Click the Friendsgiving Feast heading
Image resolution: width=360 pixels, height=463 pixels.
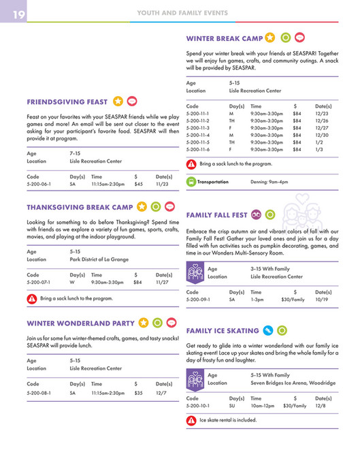[x=67, y=102]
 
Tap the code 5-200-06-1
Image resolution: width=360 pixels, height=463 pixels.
[x=41, y=184]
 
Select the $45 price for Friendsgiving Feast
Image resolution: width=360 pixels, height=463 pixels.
[x=139, y=184]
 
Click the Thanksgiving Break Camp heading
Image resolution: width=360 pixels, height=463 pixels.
[x=80, y=207]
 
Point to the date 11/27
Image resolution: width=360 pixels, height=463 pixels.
[x=162, y=282]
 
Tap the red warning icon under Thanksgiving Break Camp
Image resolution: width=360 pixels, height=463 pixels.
[x=32, y=298]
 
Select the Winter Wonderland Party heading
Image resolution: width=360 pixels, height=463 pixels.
[x=80, y=323]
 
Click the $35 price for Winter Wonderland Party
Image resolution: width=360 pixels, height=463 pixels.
[x=139, y=393]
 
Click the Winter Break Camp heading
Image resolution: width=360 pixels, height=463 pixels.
[x=225, y=38]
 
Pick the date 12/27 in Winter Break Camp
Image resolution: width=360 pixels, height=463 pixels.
[x=322, y=127]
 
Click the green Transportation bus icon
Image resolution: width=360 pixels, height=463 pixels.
[x=191, y=182]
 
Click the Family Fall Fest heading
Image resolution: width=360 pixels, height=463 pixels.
[x=216, y=215]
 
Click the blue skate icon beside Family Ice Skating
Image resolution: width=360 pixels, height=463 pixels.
[x=268, y=331]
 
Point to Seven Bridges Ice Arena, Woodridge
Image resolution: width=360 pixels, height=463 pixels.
[x=293, y=383]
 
